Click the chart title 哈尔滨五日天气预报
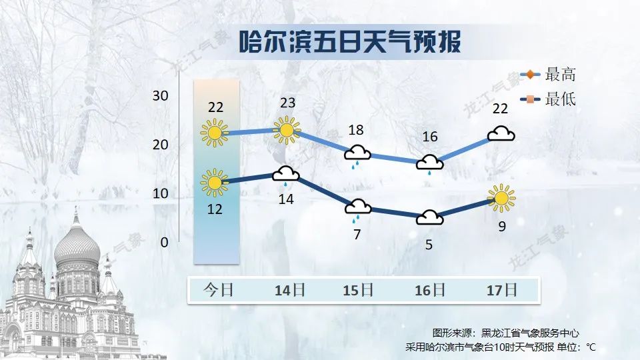(x=349, y=41)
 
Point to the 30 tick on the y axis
(x=160, y=95)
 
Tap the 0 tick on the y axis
(x=164, y=242)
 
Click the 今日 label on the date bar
(x=218, y=290)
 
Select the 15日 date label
(x=357, y=290)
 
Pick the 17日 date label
(x=501, y=290)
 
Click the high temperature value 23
(x=287, y=103)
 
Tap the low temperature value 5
(x=429, y=245)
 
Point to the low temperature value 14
(x=287, y=199)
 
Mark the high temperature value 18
(x=357, y=130)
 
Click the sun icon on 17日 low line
(x=501, y=197)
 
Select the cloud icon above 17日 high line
(x=501, y=134)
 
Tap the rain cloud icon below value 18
(x=357, y=155)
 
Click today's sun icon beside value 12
(x=214, y=183)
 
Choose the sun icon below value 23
(x=287, y=130)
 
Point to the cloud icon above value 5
(x=429, y=218)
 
